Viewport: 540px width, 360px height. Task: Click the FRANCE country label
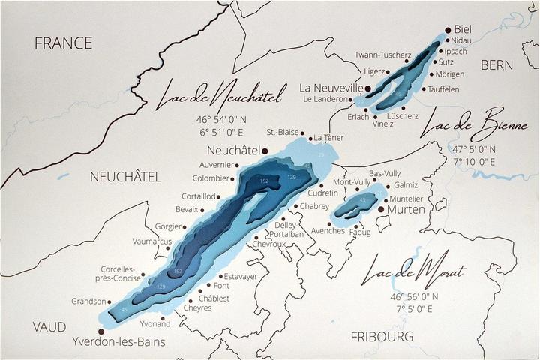(x=64, y=43)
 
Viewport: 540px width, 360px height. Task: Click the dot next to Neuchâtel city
(x=265, y=151)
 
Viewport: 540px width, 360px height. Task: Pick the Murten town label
(x=406, y=210)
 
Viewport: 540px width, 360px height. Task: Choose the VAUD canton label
(x=49, y=327)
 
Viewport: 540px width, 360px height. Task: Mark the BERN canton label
(x=497, y=65)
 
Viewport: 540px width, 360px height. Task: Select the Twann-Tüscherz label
(x=382, y=55)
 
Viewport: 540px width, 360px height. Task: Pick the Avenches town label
(x=328, y=230)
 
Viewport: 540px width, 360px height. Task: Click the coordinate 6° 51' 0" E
(x=224, y=132)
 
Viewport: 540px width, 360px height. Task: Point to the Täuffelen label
(x=443, y=88)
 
